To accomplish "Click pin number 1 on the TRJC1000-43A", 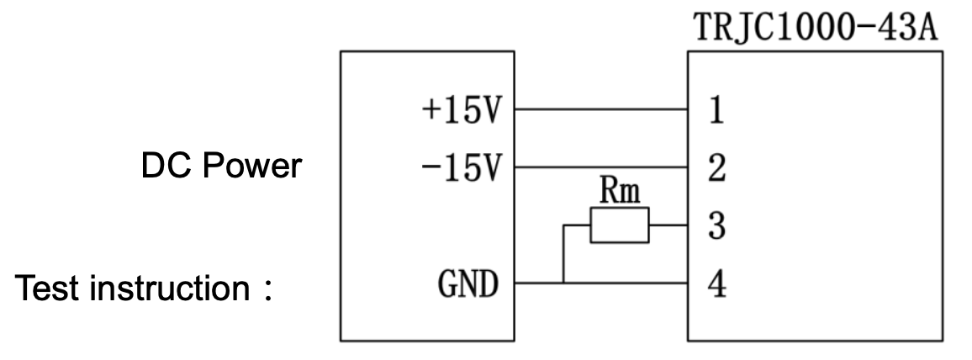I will coord(715,111).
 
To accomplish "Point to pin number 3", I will coord(715,225).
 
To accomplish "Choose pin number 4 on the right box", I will coord(715,283).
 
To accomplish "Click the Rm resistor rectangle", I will coord(620,225).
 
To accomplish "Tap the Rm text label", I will coord(621,193).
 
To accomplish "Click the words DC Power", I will coord(220,167).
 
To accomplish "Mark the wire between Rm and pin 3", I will coord(668,225).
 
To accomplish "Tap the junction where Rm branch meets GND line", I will coord(563,283).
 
